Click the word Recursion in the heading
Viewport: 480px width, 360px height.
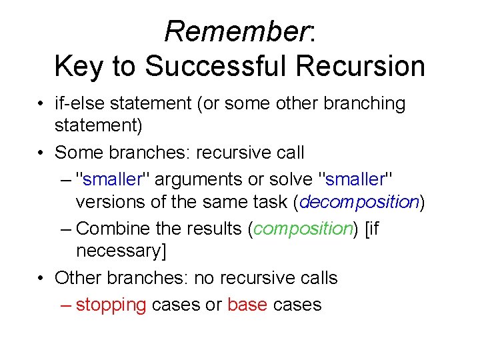(x=360, y=65)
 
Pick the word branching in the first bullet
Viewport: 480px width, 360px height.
(x=365, y=104)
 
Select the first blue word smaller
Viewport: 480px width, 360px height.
(x=113, y=179)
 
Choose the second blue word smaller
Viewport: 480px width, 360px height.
(x=355, y=179)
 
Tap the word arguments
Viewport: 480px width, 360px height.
(x=199, y=181)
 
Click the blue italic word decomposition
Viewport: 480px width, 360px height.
(x=359, y=203)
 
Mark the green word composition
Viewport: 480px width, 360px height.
(x=303, y=229)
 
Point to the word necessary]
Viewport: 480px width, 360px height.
(x=121, y=251)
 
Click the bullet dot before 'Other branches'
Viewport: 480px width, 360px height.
(x=41, y=278)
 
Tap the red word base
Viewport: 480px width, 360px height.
(x=247, y=304)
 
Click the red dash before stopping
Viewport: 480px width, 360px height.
(x=66, y=305)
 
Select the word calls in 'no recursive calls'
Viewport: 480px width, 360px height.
(x=319, y=277)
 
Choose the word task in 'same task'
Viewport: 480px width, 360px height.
(x=271, y=203)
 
